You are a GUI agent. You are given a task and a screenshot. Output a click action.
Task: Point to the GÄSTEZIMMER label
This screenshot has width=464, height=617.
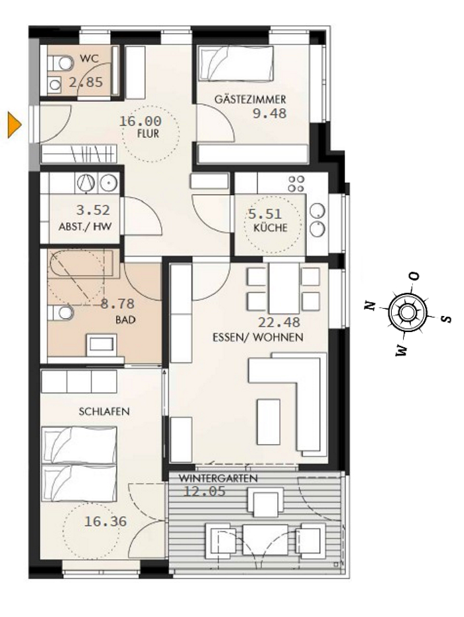pyautogui.click(x=250, y=99)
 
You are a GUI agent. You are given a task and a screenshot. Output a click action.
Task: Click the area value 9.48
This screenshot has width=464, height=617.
pyautogui.click(x=269, y=113)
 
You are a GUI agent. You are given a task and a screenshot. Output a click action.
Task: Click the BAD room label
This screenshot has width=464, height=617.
pyautogui.click(x=125, y=319)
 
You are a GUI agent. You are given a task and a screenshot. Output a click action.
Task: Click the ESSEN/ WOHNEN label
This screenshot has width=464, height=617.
pyautogui.click(x=258, y=337)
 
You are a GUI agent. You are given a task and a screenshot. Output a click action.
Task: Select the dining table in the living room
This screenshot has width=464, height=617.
pyautogui.click(x=284, y=289)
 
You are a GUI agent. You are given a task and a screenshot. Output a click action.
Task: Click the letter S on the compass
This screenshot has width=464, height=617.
pyautogui.click(x=447, y=319)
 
